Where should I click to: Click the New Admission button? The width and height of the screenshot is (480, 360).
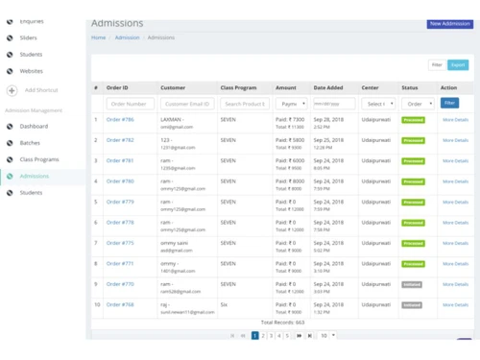pos(449,23)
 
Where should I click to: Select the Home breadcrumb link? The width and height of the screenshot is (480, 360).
pos(98,37)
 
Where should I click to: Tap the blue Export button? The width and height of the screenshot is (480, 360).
pos(459,65)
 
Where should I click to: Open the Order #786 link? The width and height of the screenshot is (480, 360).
pos(120,120)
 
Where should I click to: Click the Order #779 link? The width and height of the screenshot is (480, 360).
pos(120,202)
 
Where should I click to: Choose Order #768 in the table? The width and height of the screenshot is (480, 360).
pos(120,304)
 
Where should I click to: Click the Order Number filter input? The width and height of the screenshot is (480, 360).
pos(131,103)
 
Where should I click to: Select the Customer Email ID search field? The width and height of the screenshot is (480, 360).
pos(187,103)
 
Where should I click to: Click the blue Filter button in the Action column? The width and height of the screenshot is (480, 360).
pos(449,103)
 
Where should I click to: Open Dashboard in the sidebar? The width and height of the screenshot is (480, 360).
pos(34,127)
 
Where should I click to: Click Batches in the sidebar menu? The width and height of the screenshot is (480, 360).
pos(30,143)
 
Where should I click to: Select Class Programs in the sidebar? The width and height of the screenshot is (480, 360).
pos(39,159)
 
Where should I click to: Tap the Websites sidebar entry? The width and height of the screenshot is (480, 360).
pos(31,71)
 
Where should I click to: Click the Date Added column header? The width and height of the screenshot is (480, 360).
pos(329,87)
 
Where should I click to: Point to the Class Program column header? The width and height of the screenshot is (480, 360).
pos(239,87)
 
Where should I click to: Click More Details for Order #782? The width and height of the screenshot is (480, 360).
pos(455,140)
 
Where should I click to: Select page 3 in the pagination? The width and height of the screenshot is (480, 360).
pos(273,336)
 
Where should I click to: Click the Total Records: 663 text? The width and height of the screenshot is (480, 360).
pos(282,323)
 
